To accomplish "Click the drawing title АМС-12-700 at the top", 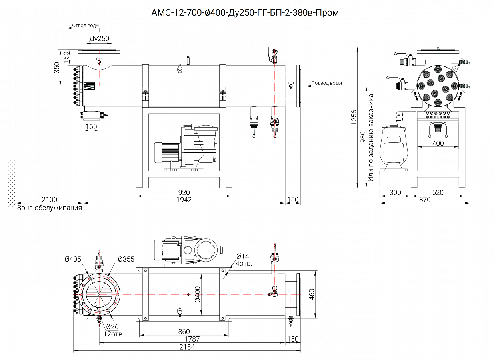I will pos(245,13).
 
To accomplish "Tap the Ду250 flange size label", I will pos(99,39).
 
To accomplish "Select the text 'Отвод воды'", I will pos(86,26).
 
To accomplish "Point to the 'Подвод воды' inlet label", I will pos(326,83).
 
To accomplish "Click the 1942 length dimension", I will pos(184,200).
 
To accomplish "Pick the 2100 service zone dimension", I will pos(49,200).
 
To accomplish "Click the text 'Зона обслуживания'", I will pos(49,208).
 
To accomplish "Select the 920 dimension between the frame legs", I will pos(184,193).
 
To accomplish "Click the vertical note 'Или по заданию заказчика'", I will pos(371,138).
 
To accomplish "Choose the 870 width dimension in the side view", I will pos(425,200).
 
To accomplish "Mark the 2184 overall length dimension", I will pos(187,347).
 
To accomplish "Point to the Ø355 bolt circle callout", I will pos(126,259).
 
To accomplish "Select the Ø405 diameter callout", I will pos(73,259).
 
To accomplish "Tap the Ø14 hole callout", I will pos(242,256).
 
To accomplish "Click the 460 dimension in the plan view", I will pos(311,294).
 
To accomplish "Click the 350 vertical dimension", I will pos(57,68).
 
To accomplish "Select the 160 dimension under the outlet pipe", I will pos(91,127).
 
